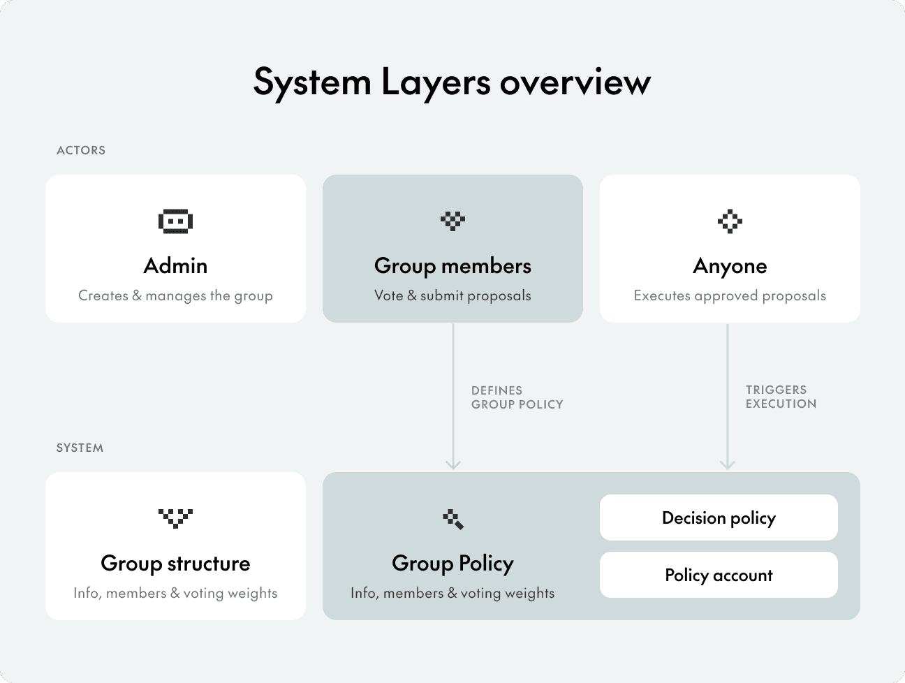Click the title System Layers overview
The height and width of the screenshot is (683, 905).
coord(452,82)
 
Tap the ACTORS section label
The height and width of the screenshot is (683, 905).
coord(81,150)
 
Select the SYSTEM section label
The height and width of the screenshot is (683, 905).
coord(80,448)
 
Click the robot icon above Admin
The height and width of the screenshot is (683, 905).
coord(175,221)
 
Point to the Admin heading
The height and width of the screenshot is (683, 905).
coord(175,266)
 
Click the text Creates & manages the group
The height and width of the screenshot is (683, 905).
coord(175,295)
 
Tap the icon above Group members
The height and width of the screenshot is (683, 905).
coord(453,221)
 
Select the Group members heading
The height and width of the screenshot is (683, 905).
coord(453,266)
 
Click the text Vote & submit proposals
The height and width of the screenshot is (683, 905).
coord(453,295)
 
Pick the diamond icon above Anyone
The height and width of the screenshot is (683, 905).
coord(730,221)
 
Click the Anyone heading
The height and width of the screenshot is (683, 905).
coord(730,266)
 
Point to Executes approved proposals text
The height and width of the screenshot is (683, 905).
coord(730,295)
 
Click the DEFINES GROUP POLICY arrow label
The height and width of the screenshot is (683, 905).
coord(517,397)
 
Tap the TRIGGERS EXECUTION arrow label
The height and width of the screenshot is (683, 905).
coord(781,397)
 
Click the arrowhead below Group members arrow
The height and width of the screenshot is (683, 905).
coord(453,464)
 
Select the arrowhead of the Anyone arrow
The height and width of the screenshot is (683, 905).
coord(728,464)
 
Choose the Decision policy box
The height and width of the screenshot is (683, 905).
coord(719,517)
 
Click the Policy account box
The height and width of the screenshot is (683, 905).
coord(719,575)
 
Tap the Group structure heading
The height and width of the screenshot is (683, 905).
coord(175,564)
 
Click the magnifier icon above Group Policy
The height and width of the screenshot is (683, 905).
coord(453,519)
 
